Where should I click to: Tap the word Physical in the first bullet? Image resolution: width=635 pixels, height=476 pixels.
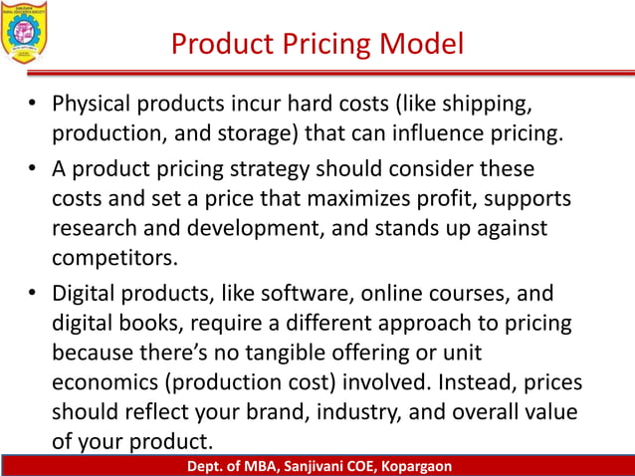91,104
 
